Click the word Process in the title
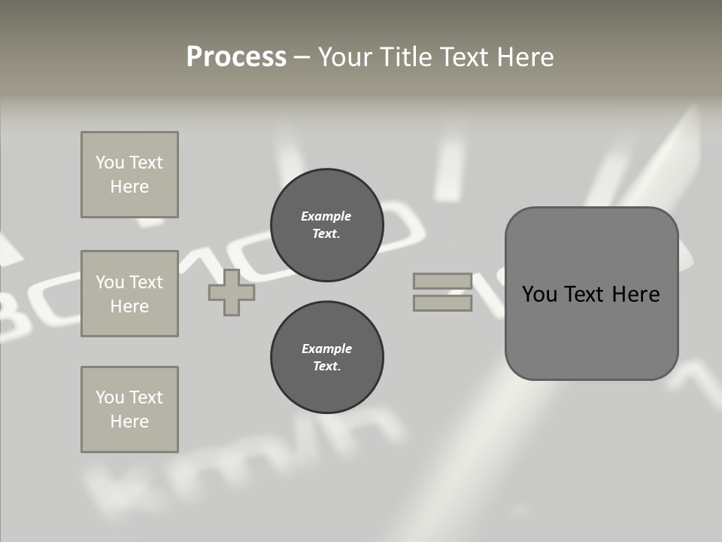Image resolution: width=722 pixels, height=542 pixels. (x=236, y=57)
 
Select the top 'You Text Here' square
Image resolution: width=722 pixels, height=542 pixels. (x=129, y=175)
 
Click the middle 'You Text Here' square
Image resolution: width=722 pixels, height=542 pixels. (x=129, y=294)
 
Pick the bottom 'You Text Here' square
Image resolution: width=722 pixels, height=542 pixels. (x=129, y=410)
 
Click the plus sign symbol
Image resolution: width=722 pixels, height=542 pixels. (x=232, y=293)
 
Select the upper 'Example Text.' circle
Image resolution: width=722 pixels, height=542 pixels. (x=326, y=225)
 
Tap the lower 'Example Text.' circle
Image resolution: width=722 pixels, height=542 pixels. (x=326, y=358)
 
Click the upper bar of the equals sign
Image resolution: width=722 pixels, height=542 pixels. (x=442, y=282)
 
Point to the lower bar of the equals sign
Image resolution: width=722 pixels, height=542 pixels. (x=442, y=303)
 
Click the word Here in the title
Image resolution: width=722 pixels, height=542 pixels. (x=525, y=57)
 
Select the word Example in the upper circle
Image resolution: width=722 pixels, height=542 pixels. (x=326, y=217)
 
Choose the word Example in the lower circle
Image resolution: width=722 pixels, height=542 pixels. (x=326, y=349)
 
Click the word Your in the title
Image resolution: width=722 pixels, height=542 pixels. (x=345, y=57)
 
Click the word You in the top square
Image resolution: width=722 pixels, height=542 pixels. (x=110, y=163)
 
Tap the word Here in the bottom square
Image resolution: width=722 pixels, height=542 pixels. (x=129, y=422)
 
